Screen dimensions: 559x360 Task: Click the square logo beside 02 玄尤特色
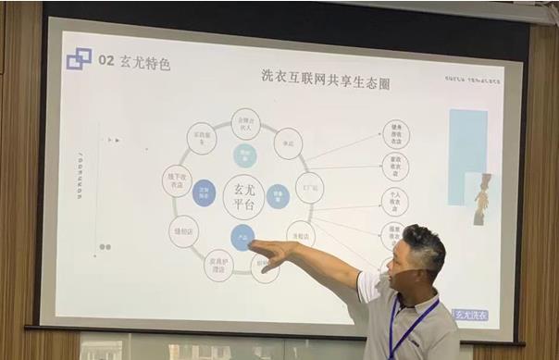coord(79,59)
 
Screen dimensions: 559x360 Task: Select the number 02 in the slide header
coord(106,61)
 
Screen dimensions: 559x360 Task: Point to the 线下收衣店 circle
coord(178,181)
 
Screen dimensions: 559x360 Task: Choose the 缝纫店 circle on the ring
coord(184,230)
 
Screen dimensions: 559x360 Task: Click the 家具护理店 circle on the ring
coord(218,265)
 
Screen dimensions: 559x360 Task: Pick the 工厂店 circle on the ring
coord(309,188)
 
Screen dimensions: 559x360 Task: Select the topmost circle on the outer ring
coord(245,122)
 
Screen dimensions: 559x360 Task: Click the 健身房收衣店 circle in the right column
coord(395,135)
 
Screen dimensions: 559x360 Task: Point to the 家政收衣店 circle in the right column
coord(395,167)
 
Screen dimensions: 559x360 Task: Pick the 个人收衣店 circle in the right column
coord(394,201)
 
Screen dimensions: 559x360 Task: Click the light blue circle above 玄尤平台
coord(244,155)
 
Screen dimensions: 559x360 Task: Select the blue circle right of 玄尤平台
coord(278,195)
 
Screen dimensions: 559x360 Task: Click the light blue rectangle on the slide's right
coord(467,143)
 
